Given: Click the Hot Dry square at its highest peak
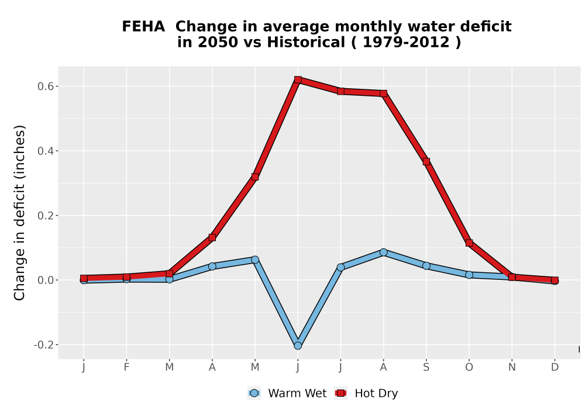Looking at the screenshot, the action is point(298,79).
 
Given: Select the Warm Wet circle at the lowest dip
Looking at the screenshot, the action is point(298,346).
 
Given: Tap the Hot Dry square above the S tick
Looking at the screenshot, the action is point(426,162).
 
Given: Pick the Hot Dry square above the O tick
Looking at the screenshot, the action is point(469,243).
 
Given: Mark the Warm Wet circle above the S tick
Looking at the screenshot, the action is point(426,266).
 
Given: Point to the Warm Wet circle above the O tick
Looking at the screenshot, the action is point(469,275).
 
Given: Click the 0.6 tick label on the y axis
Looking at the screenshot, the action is point(45,86).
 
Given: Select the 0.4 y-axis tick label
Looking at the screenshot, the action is point(45,151).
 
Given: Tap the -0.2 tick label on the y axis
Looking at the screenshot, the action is point(43,345).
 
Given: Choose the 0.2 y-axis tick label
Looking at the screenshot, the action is point(45,216).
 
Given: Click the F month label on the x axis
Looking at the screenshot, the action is point(126,368).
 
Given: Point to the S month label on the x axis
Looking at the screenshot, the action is point(426,368).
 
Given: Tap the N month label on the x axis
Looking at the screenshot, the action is point(512,368).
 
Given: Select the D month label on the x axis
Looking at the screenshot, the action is point(555,368).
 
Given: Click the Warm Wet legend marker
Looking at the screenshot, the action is point(254,393).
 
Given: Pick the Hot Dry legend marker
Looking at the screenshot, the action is point(340,393).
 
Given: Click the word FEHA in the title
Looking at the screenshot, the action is point(143,27).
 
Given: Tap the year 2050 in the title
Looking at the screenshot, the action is point(218,43).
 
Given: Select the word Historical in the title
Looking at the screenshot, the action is point(306,43).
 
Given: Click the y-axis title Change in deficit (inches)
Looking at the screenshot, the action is point(19,213).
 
